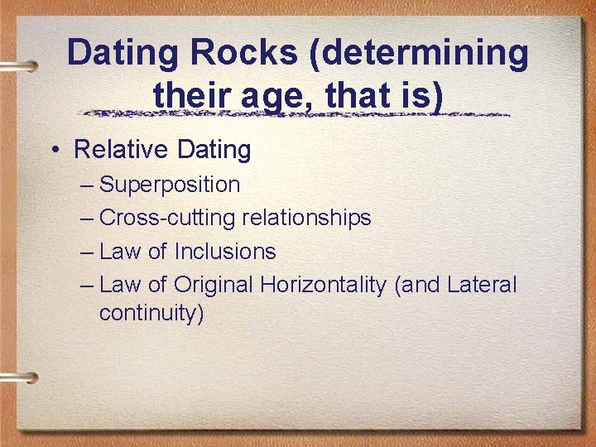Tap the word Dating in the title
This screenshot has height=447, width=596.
[125, 54]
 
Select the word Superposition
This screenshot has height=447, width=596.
[170, 185]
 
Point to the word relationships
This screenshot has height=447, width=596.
[306, 218]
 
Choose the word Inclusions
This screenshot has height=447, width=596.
[225, 251]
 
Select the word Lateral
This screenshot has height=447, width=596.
[481, 286]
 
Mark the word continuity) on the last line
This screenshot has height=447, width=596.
[151, 315]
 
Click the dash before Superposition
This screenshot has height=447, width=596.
[88, 185]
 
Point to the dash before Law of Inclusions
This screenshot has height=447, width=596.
[88, 252]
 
